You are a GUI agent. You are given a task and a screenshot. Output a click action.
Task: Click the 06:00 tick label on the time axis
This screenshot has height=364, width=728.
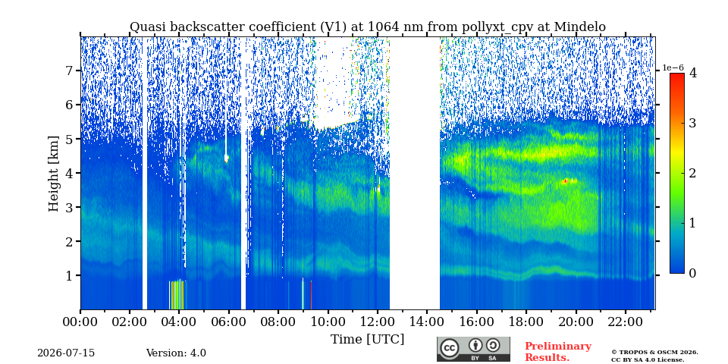pyautogui.click(x=229, y=322)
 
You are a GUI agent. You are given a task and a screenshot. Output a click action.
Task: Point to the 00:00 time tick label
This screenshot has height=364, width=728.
pyautogui.click(x=80, y=322)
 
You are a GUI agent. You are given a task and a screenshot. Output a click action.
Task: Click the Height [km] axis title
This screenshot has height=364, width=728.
pyautogui.click(x=54, y=173)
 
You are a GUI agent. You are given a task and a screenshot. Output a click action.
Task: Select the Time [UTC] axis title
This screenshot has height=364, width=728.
pyautogui.click(x=367, y=340)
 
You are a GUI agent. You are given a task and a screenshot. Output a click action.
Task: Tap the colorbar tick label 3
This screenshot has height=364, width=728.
pyautogui.click(x=692, y=123)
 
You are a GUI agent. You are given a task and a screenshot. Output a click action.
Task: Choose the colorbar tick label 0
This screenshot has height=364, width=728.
pyautogui.click(x=692, y=274)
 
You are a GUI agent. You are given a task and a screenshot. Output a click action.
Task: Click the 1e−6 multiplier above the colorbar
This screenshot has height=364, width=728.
pyautogui.click(x=673, y=67)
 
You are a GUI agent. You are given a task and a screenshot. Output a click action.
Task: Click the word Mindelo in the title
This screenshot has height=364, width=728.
pyautogui.click(x=579, y=27)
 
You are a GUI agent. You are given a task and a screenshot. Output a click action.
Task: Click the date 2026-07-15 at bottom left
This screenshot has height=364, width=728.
pyautogui.click(x=66, y=353)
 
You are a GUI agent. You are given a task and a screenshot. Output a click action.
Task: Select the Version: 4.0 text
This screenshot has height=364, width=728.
pyautogui.click(x=176, y=353)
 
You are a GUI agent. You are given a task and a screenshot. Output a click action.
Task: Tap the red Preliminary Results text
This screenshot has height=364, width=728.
pyautogui.click(x=558, y=351)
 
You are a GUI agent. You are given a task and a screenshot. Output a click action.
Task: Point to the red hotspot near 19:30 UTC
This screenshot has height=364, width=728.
pyautogui.click(x=566, y=180)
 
